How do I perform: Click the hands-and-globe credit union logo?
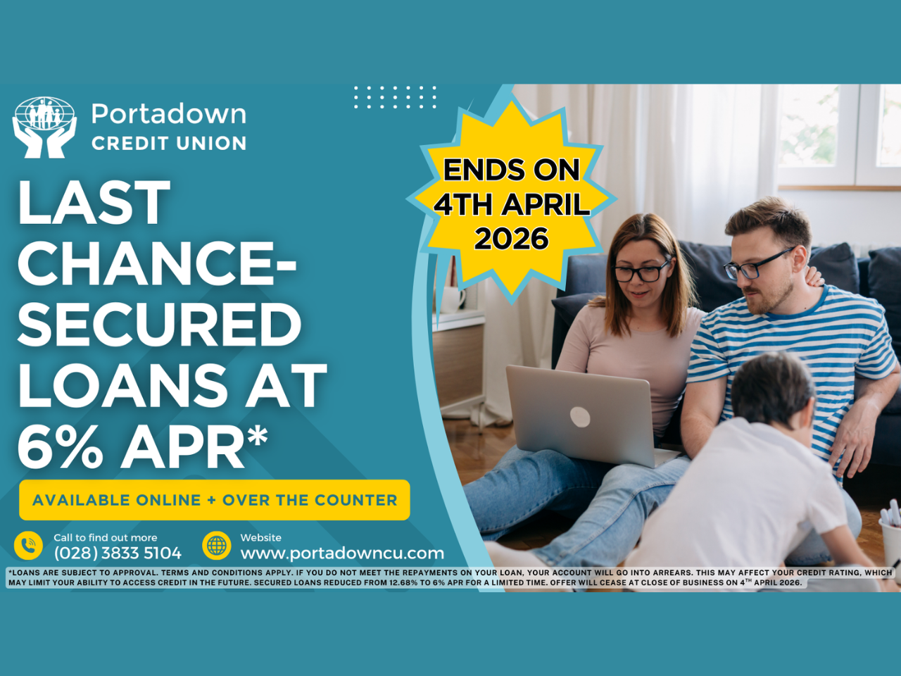(44, 127)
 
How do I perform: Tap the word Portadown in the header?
(169, 114)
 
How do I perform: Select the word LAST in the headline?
(94, 204)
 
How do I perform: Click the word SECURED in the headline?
(160, 325)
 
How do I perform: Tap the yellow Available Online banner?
(215, 500)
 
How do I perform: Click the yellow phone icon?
(28, 545)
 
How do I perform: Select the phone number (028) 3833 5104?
(118, 553)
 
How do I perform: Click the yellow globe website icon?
(217, 545)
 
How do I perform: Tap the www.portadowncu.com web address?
(342, 553)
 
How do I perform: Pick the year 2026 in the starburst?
(511, 239)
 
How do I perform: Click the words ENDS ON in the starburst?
(511, 170)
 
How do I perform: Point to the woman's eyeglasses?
(641, 272)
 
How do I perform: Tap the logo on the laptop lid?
(580, 417)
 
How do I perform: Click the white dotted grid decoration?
(395, 97)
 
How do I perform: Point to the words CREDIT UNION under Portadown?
(169, 144)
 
